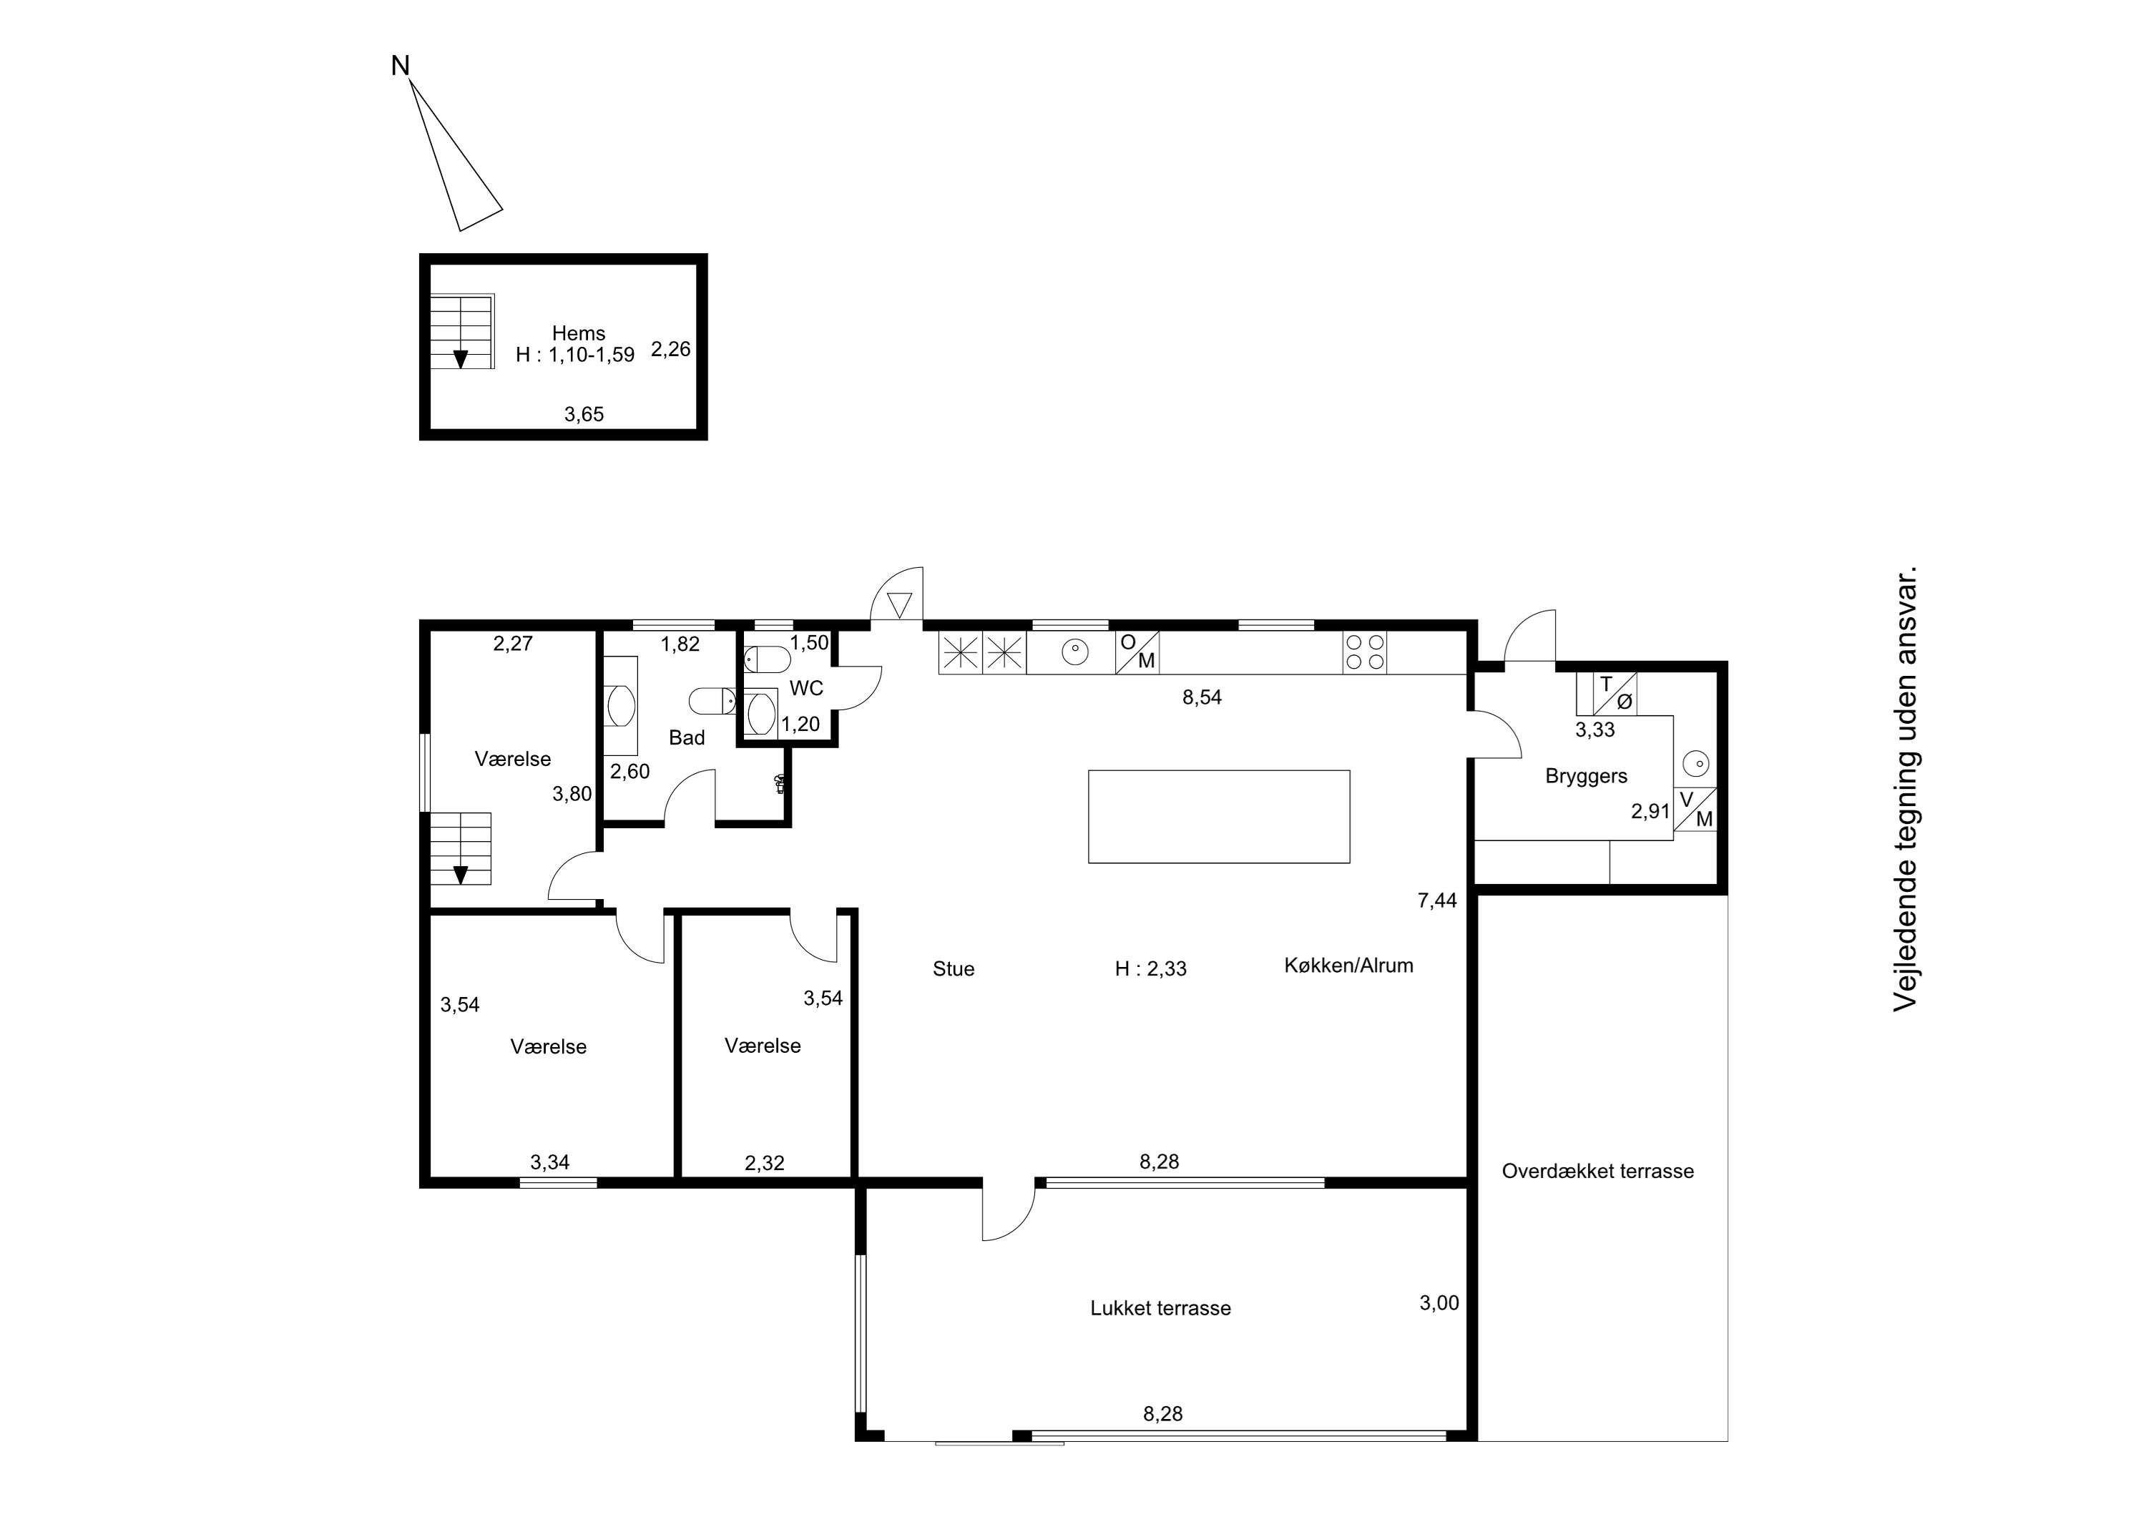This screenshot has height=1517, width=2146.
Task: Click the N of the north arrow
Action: point(400,65)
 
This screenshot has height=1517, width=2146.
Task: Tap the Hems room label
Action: point(579,333)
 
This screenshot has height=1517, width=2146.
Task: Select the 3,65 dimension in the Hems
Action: point(584,414)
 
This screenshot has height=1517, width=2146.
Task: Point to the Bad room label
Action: point(687,737)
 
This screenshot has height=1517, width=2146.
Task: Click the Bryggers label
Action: point(1586,776)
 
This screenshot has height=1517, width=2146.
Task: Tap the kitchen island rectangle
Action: point(1219,816)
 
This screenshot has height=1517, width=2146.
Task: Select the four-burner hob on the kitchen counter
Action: point(1365,652)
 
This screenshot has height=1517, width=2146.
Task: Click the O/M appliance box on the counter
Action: point(1137,652)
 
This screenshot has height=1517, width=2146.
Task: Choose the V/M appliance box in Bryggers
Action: point(1695,810)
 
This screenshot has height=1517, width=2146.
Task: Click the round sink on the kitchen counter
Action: point(1075,651)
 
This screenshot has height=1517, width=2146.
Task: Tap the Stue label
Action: point(954,969)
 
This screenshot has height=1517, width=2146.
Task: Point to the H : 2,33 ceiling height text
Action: point(1150,969)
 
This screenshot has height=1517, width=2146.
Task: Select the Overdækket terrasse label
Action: point(1597,1171)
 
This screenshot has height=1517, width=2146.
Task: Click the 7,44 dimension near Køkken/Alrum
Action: point(1438,901)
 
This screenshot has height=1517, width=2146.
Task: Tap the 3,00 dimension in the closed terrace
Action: point(1439,1303)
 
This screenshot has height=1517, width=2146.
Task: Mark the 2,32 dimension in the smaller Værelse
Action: point(765,1163)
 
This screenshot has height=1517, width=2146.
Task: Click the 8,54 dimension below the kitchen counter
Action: point(1202,697)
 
